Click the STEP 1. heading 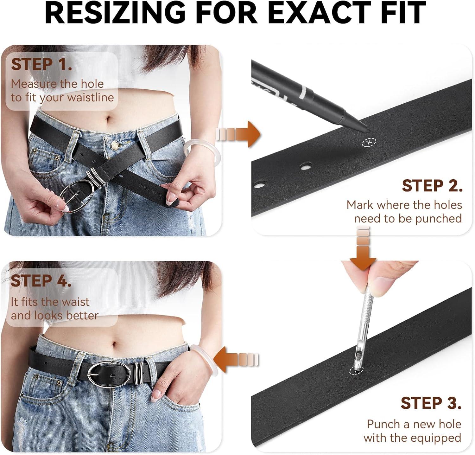41,64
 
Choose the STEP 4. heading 41,281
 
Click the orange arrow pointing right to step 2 238,134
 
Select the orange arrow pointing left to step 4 237,360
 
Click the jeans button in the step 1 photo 115,145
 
